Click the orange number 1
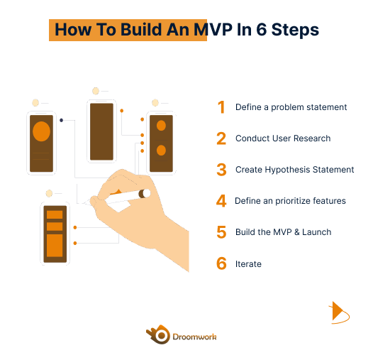coord(222,107)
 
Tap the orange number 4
coord(221,201)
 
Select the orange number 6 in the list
coord(221,263)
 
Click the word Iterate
coord(248,264)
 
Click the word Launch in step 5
coord(316,232)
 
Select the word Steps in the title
coord(295,30)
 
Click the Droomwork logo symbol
coord(158,334)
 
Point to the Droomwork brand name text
coord(194,337)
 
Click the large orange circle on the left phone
coord(41,131)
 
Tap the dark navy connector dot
coord(61,120)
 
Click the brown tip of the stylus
coord(141,194)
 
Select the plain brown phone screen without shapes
coord(101,131)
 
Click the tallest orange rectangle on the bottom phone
coord(55,246)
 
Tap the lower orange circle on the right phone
coord(161,151)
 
